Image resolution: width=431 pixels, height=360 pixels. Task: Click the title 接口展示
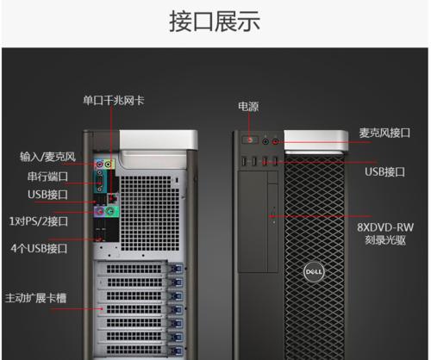[x=215, y=21]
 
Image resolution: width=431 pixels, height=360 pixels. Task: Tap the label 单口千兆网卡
[x=114, y=101]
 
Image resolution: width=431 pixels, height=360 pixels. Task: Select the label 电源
[x=248, y=107]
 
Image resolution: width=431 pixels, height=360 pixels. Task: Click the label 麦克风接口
[x=384, y=133]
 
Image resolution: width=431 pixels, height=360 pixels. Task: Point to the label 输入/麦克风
[x=47, y=157]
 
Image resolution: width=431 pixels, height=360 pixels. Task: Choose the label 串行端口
[x=47, y=177]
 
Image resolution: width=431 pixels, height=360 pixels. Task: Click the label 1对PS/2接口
[x=39, y=221]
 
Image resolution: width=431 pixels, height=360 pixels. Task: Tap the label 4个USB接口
[x=39, y=248]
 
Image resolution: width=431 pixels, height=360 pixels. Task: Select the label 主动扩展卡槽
[x=36, y=298]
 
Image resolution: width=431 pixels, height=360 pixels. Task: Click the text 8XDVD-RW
[x=385, y=227]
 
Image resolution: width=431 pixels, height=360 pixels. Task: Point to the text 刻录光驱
[x=385, y=240]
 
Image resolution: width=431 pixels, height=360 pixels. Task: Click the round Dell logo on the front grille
[x=314, y=271]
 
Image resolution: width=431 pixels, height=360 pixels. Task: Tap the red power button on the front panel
[x=250, y=140]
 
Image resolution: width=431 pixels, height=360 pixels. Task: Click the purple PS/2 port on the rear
[x=99, y=212]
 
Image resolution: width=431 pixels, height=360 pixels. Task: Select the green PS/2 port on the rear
[x=110, y=212]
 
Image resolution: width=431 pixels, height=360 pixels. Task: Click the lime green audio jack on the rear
[x=108, y=164]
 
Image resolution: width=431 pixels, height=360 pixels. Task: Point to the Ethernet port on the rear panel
[x=113, y=198]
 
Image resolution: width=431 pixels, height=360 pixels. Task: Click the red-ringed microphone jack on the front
[x=275, y=141]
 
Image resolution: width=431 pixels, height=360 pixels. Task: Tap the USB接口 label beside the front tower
[x=384, y=172]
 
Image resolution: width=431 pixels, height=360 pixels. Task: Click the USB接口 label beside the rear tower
[x=47, y=195]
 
